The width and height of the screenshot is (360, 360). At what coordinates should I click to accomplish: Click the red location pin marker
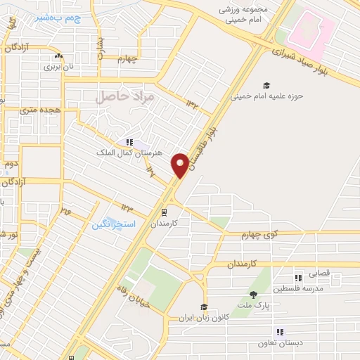pos(181,165)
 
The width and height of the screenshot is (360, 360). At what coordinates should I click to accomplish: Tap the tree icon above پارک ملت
pos(254,295)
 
